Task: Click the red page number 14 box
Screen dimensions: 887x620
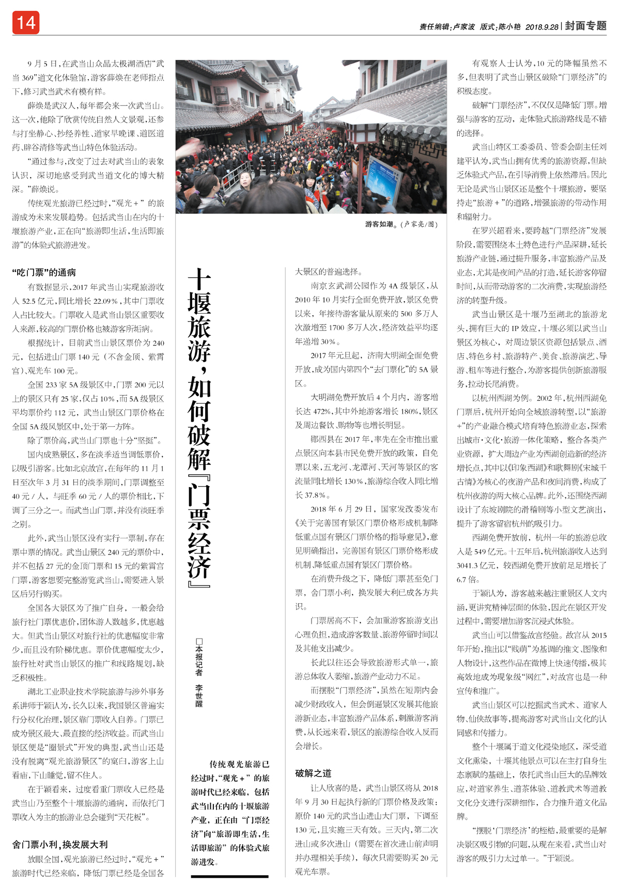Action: [26, 23]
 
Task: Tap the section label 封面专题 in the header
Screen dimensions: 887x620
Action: [585, 26]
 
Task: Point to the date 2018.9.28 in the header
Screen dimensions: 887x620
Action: [541, 27]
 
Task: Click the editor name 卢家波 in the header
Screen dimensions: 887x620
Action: [463, 27]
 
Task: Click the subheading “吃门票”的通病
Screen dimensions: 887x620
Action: [44, 272]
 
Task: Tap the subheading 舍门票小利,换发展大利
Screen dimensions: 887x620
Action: [60, 845]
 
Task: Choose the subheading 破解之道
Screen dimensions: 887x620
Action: [313, 773]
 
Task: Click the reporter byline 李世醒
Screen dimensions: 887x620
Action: [199, 696]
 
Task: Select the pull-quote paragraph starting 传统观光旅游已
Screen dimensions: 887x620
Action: [230, 813]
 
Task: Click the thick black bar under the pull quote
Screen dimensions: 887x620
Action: [230, 876]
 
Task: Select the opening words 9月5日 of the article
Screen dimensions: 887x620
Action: [42, 64]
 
